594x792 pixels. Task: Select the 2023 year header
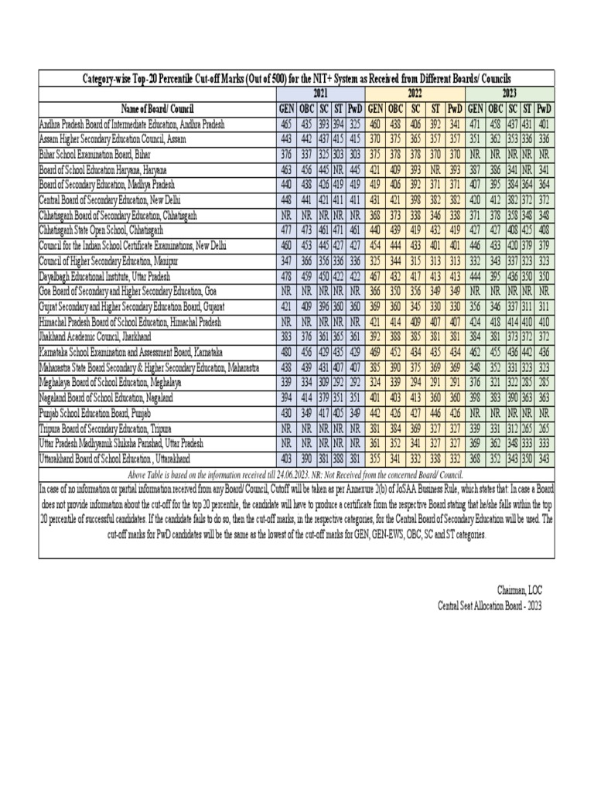(x=509, y=92)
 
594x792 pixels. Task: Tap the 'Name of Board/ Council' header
(x=157, y=108)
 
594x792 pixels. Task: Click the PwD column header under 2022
(x=454, y=108)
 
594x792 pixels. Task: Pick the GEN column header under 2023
(x=476, y=108)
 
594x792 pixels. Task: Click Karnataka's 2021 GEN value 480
(x=287, y=352)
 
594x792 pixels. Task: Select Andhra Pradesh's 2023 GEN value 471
(x=476, y=125)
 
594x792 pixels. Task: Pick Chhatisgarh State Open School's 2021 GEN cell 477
(x=287, y=230)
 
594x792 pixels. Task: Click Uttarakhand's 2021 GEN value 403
(x=287, y=459)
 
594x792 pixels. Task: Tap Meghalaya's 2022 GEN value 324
(x=375, y=381)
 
